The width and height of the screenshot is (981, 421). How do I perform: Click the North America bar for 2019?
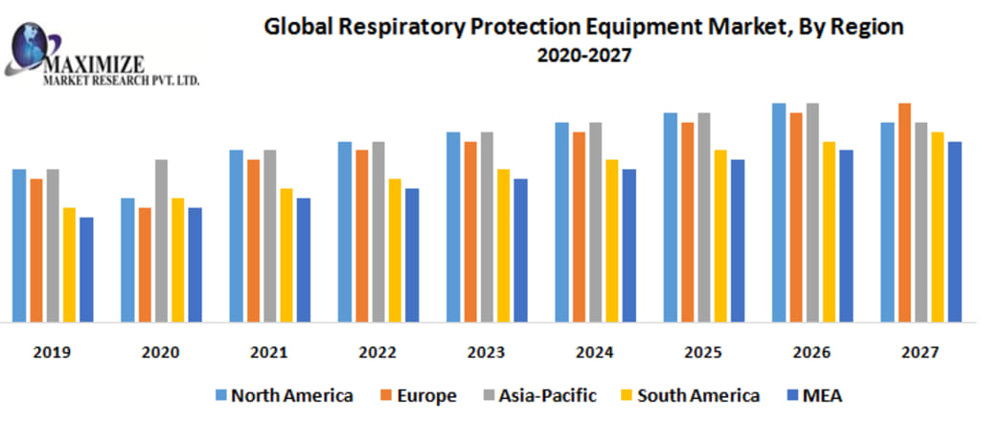tap(19, 245)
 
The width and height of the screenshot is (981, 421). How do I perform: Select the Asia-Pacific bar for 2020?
tap(162, 240)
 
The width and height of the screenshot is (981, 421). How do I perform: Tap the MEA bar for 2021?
tap(304, 259)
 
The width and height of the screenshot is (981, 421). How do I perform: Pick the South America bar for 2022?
tap(395, 249)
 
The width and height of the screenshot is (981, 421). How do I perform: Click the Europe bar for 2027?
tap(904, 211)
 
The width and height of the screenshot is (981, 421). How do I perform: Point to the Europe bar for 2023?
tap(470, 231)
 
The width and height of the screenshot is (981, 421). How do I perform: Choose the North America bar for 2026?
tap(779, 211)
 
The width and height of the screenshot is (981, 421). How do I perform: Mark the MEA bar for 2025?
tap(737, 240)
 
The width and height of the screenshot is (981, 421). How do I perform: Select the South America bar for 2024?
tap(611, 240)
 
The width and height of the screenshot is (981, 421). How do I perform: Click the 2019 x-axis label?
tap(51, 353)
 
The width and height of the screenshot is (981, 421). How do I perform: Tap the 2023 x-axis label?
tap(485, 353)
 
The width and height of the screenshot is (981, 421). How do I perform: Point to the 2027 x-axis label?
tap(919, 353)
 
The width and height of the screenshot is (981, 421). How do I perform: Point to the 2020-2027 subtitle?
tap(583, 56)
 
